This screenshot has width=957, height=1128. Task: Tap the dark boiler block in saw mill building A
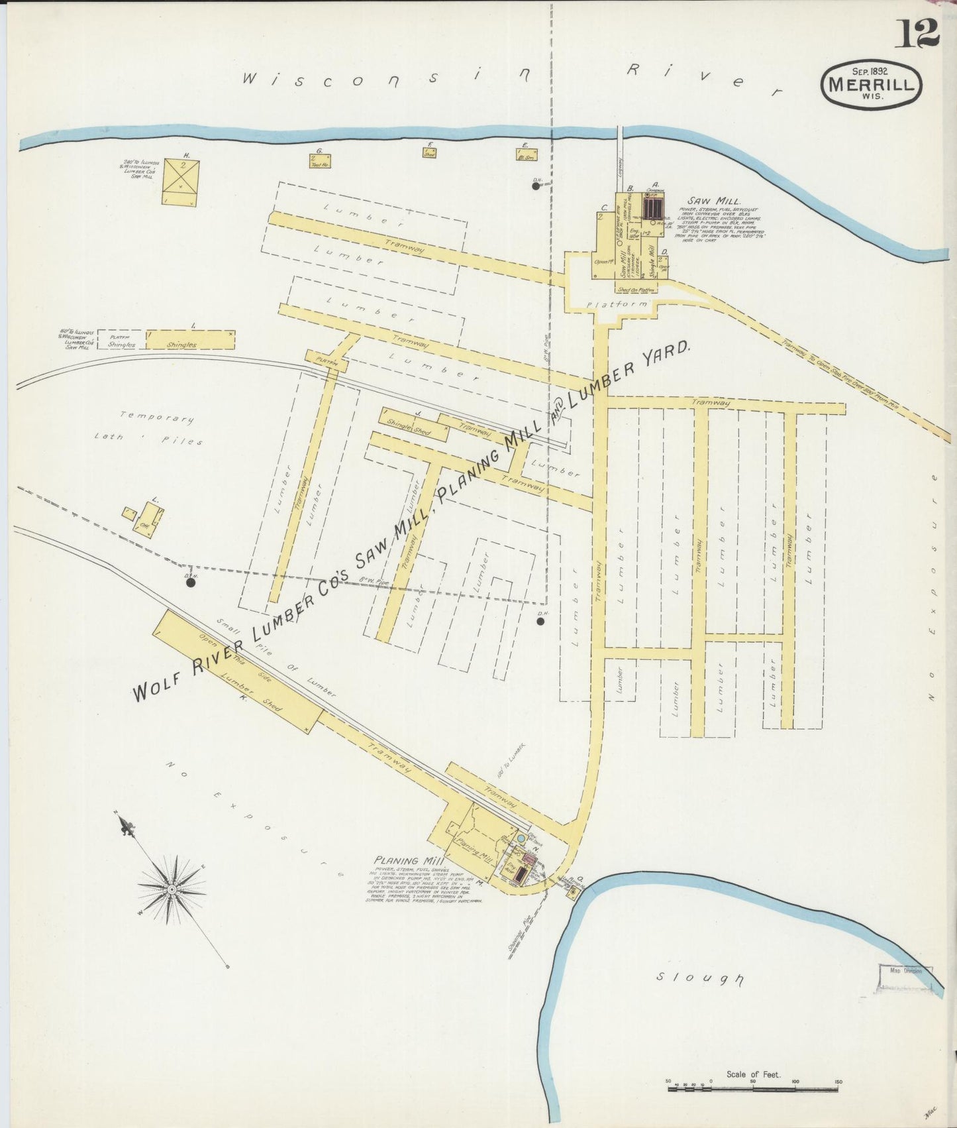652,209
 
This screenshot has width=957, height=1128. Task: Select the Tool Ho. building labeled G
319,160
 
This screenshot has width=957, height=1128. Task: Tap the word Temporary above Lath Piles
157,418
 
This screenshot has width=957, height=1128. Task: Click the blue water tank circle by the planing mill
521,839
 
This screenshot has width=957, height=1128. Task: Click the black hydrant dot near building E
535,186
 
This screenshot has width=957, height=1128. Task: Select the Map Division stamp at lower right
905,971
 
